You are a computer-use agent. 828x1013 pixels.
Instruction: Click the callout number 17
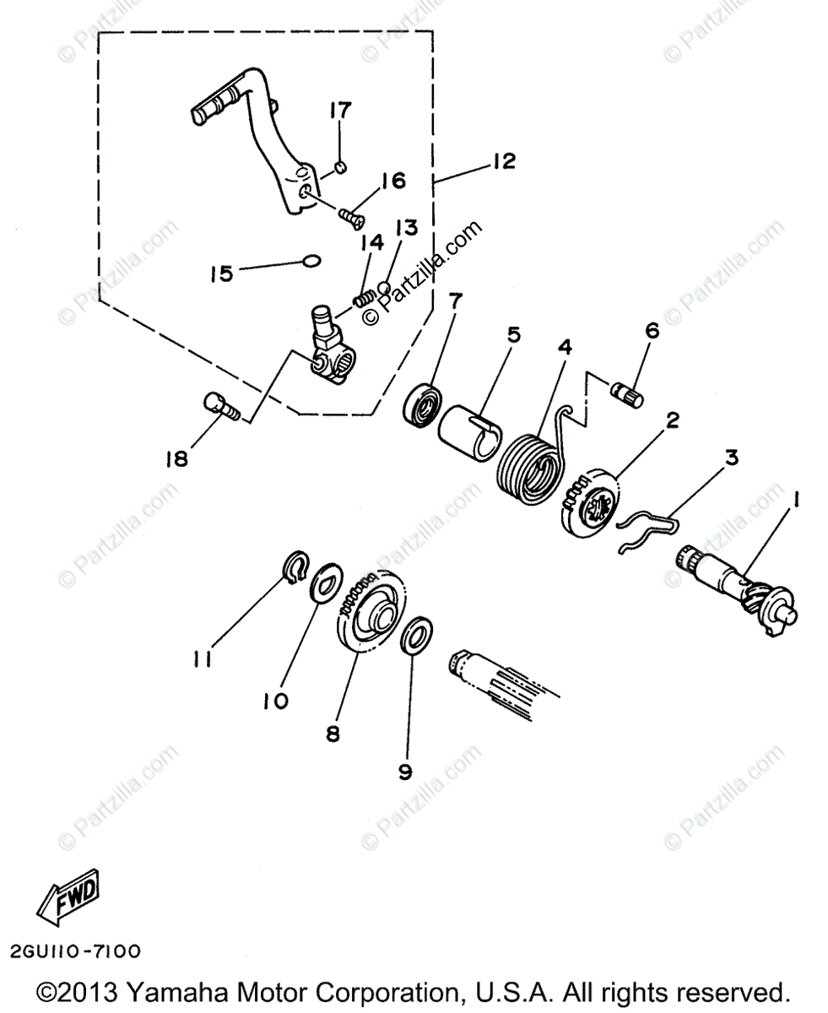point(341,111)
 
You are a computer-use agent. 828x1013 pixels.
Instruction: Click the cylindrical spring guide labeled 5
point(466,430)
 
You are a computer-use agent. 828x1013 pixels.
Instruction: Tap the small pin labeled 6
point(625,390)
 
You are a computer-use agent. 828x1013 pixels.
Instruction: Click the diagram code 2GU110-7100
point(77,951)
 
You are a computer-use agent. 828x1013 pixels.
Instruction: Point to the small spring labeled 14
point(364,297)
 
